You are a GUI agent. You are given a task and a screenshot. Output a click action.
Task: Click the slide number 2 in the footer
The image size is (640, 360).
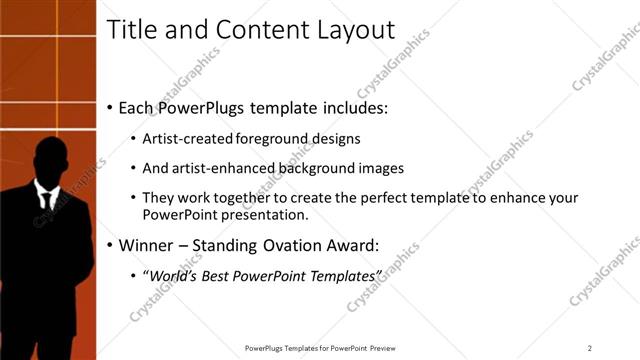(590, 348)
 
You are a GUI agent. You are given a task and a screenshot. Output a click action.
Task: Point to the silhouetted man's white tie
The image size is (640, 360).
(46, 196)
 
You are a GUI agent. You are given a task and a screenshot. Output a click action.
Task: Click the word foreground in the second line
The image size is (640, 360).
(274, 138)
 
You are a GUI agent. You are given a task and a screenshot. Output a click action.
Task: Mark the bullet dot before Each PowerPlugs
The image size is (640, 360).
(109, 107)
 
